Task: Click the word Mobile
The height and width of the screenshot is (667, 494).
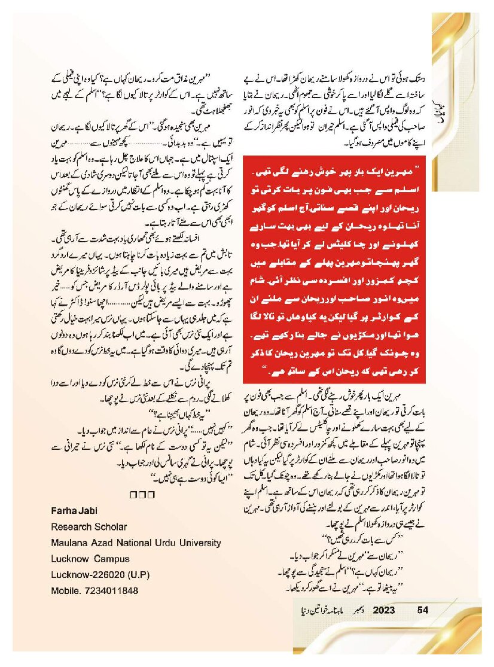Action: [66, 591]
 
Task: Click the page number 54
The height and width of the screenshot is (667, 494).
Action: [423, 610]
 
